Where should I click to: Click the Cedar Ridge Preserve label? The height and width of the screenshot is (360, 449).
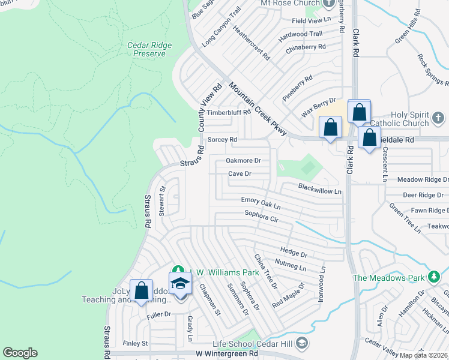coord(149,49)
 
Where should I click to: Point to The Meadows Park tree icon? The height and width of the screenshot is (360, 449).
coord(434,277)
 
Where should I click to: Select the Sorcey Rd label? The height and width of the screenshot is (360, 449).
coord(222,139)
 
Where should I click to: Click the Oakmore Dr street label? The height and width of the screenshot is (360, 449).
coord(243,161)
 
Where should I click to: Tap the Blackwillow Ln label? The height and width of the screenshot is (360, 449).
coord(319,188)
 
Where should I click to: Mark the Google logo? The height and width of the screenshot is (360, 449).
coord(20,352)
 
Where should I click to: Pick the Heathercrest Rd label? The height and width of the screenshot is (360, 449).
coord(251,42)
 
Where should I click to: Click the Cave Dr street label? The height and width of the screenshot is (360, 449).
coord(239,174)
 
